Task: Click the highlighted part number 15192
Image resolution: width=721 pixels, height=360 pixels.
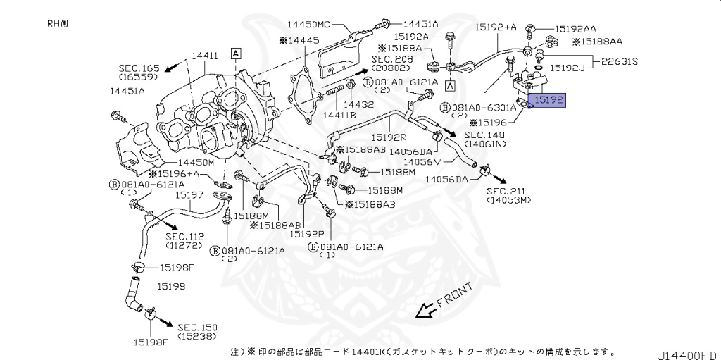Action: coord(547,101)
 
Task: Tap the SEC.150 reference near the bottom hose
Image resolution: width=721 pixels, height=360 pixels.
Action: coord(197,328)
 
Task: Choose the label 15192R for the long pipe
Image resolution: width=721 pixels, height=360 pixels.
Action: coord(390,138)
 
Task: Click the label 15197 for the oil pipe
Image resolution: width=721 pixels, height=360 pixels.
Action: coord(189,194)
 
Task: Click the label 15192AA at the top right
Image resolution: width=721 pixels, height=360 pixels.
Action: coord(575,29)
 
